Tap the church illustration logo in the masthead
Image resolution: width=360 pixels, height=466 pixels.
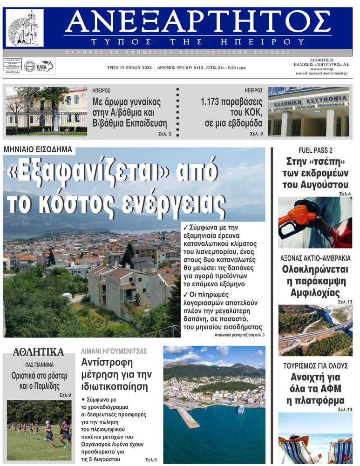click(26, 28)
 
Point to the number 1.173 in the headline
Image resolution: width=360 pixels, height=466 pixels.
click(217, 102)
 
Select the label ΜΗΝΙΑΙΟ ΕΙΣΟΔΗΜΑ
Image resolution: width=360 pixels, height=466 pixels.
click(38, 149)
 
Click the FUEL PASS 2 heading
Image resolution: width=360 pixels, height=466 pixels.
click(315, 150)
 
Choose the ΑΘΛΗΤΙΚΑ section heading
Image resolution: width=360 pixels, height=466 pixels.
click(38, 351)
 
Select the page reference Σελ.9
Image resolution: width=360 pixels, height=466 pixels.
click(65, 395)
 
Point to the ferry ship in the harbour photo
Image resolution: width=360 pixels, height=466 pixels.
click(241, 410)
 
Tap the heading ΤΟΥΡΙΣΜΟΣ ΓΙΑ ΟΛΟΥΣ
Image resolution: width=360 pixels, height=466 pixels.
click(315, 365)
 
